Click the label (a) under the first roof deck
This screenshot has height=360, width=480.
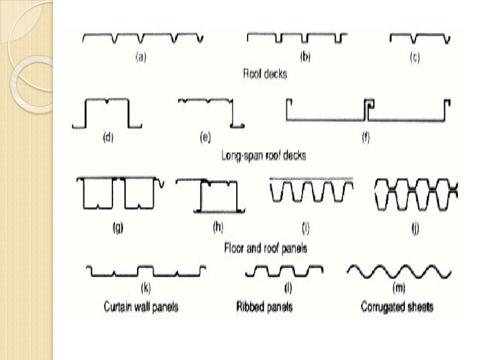141,57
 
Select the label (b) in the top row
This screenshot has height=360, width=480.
305,57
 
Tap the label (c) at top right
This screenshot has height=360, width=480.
415,57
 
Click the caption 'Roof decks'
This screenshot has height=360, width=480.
265,74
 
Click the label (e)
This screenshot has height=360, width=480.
206,137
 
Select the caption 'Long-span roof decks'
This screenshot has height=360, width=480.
264,156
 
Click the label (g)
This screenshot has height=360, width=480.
118,227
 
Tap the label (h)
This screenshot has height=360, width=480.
218,227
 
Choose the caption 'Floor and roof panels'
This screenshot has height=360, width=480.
266,248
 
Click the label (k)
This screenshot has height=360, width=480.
146,287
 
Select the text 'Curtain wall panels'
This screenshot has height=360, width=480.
141,307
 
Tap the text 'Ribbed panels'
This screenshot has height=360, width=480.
264,307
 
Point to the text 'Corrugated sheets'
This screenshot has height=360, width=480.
397,307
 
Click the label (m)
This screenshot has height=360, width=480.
399,287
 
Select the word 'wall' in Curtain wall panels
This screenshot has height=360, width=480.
142,307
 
